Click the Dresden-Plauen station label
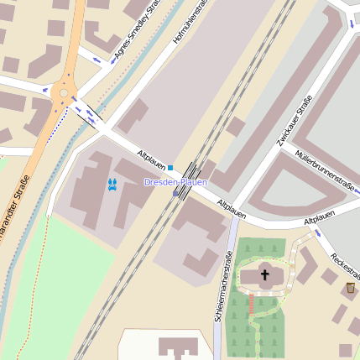175,182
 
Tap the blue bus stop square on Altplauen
170,168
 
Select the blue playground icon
112,183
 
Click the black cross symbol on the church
265,274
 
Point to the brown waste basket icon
350,288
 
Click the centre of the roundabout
63,91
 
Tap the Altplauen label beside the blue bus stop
151,159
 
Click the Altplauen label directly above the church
232,210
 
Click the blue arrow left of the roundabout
45,87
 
